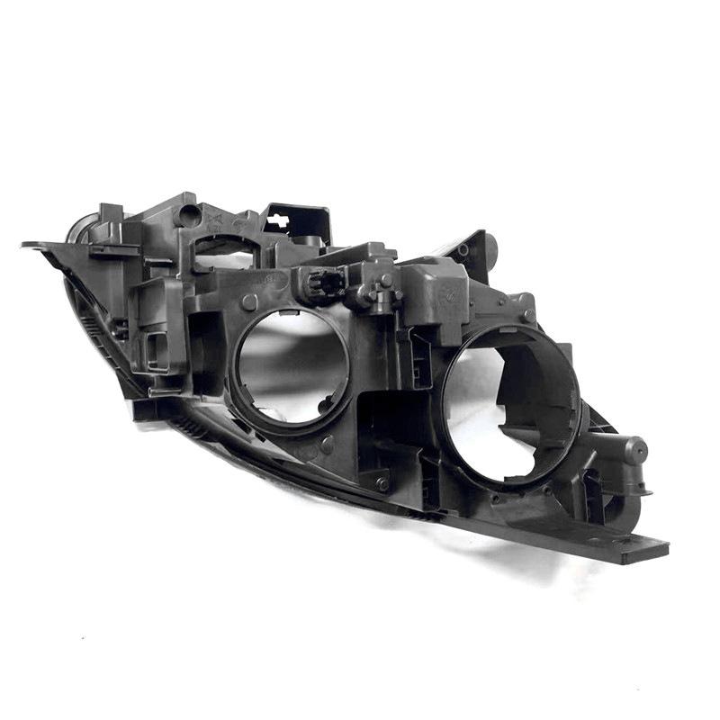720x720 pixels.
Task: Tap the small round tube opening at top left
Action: click(x=188, y=215)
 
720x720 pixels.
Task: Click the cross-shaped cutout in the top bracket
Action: click(x=279, y=219)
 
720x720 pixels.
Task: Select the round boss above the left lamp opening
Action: click(x=250, y=301)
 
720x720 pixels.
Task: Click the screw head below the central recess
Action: click(x=382, y=483)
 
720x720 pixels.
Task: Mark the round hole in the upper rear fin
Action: click(x=462, y=250)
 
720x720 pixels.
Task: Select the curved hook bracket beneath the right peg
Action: click(x=621, y=504)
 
